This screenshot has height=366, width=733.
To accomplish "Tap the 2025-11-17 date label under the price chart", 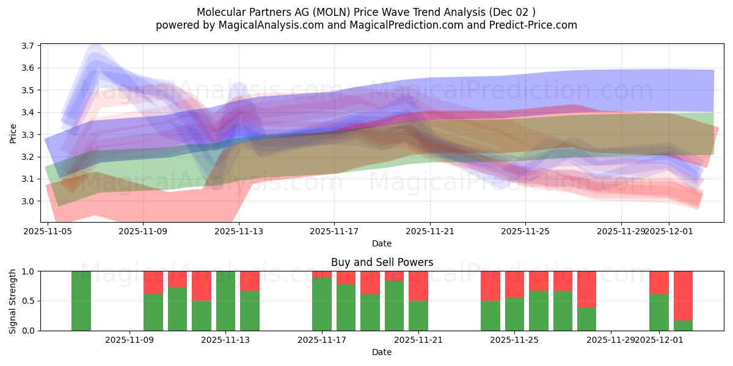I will pyautogui.click(x=334, y=232).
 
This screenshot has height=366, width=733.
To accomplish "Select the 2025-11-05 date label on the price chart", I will pyautogui.click(x=48, y=232).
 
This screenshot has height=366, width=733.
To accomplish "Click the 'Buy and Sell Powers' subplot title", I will pyautogui.click(x=382, y=263).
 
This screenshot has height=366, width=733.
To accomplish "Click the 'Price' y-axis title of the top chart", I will pyautogui.click(x=13, y=133).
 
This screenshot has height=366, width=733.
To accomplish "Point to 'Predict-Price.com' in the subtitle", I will pyautogui.click(x=531, y=25).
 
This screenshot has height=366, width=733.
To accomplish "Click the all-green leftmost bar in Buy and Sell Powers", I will pyautogui.click(x=81, y=301).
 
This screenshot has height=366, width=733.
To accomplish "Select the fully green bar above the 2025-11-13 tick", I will pyautogui.click(x=226, y=301).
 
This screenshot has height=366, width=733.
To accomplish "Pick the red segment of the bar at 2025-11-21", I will pyautogui.click(x=418, y=285).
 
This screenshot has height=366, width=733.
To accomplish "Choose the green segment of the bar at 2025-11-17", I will pyautogui.click(x=322, y=304).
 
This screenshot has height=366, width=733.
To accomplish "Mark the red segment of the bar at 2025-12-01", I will pyautogui.click(x=659, y=282).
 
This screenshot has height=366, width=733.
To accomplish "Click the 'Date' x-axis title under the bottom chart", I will pyautogui.click(x=382, y=352).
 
